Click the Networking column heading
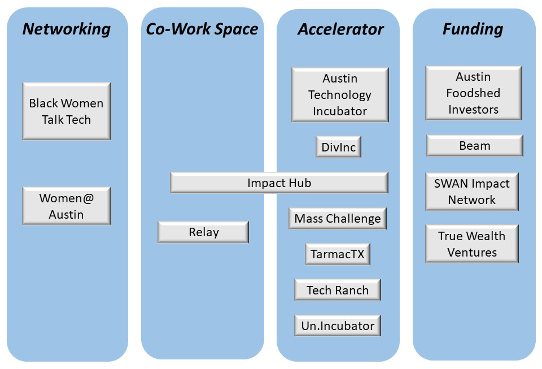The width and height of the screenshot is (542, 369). [67, 29]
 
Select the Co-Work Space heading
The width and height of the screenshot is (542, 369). [202, 29]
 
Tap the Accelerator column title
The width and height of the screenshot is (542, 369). [340, 29]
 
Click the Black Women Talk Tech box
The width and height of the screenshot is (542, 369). [67, 111]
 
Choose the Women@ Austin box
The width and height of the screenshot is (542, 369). [67, 206]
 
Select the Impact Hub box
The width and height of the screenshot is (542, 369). [279, 183]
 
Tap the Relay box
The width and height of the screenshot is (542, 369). [203, 232]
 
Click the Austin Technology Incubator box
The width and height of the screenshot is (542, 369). [340, 95]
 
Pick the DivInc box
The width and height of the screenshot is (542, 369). [338, 147]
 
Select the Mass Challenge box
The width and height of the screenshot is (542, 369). [338, 219]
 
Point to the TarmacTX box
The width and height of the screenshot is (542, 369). [338, 254]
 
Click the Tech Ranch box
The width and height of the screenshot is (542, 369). [338, 290]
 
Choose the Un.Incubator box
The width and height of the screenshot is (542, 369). [338, 326]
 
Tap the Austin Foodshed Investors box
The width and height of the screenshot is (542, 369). [473, 93]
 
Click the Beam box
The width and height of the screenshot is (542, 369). [474, 146]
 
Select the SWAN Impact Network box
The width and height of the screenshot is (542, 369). [471, 192]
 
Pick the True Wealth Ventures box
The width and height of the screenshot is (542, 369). [471, 244]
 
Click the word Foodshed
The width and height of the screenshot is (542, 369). [473, 93]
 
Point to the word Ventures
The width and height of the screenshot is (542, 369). [472, 253]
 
